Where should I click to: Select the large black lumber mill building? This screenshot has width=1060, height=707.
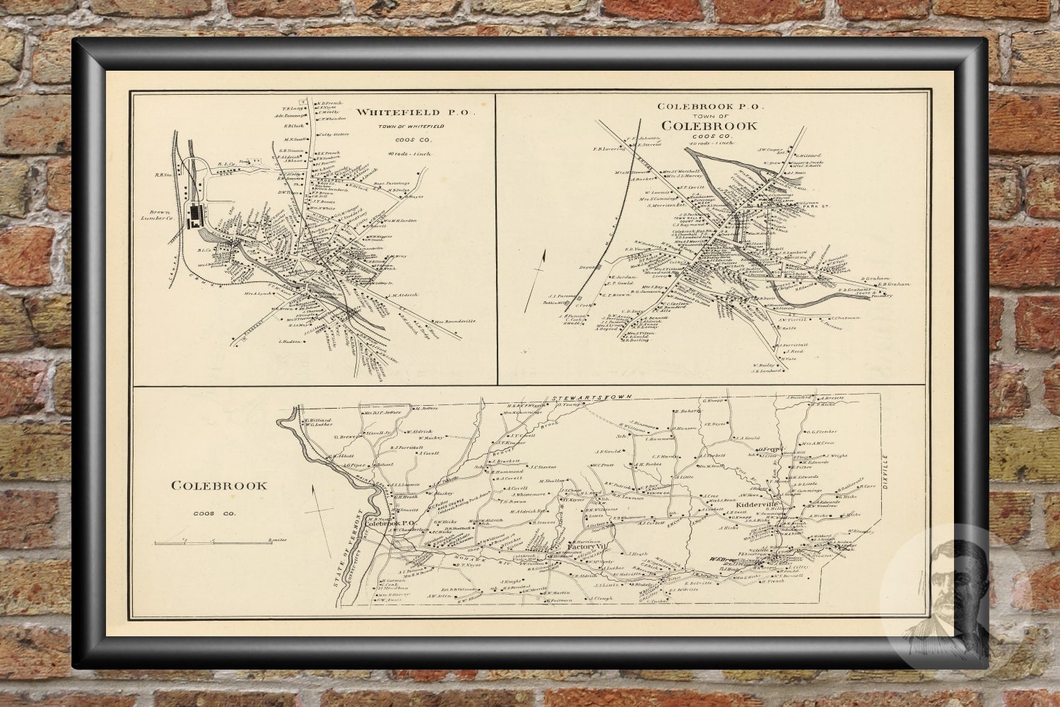pyautogui.click(x=194, y=218)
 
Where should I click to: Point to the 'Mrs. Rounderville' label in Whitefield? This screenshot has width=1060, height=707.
pyautogui.click(x=455, y=321)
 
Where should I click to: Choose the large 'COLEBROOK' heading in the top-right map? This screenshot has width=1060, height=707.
pyautogui.click(x=710, y=126)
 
